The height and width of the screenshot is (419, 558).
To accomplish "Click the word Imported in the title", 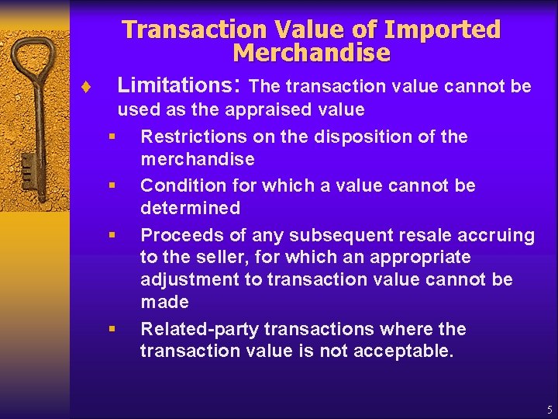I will (x=443, y=30).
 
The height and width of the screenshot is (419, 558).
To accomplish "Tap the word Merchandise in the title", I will (x=312, y=54).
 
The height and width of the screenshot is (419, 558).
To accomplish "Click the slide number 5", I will (x=549, y=409).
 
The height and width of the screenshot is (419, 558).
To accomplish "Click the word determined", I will (x=191, y=208).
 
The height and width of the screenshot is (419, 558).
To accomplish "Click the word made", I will (x=165, y=301).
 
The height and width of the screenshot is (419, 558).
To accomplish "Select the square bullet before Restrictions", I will (x=112, y=137).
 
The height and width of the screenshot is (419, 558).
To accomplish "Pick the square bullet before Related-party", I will (x=112, y=328).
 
